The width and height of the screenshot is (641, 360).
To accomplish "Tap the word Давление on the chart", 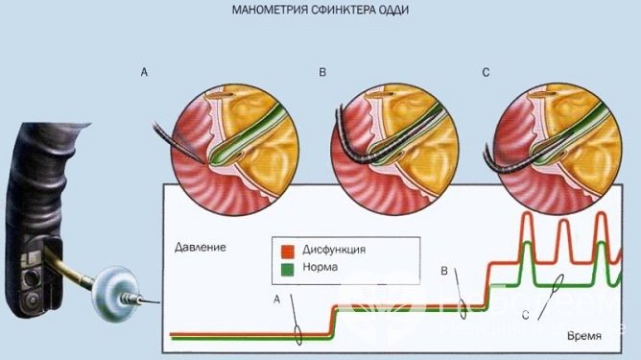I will [x=201, y=247].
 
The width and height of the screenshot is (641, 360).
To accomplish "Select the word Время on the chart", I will [x=584, y=337].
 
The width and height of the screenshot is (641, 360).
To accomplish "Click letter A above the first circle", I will [x=144, y=72].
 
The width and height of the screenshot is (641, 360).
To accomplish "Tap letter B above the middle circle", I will [x=322, y=72].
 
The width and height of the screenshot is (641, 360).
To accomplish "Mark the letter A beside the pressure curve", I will [x=278, y=300].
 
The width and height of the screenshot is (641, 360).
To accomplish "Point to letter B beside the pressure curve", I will [x=444, y=272].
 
